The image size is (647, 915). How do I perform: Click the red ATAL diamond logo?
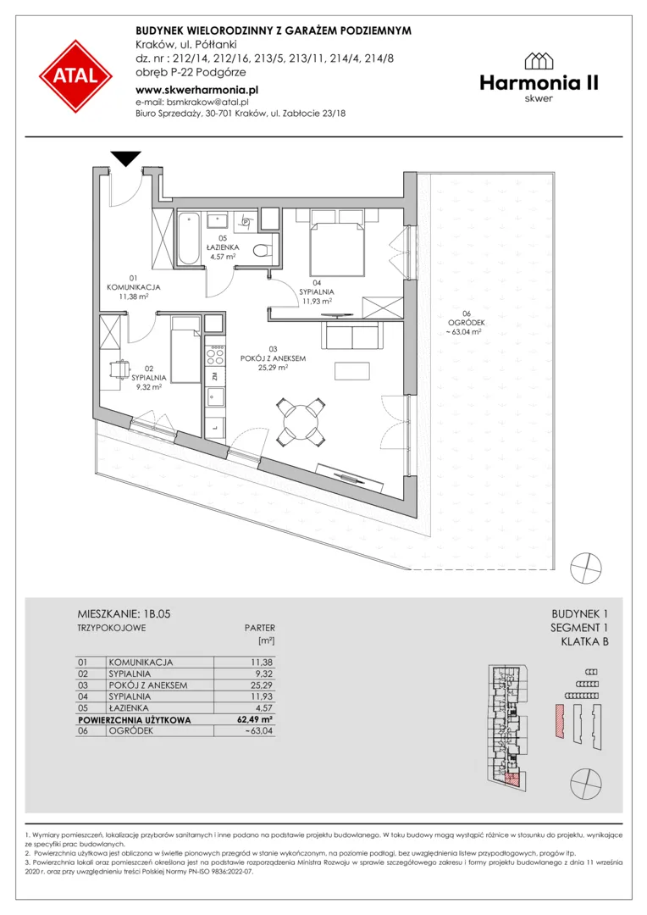76,76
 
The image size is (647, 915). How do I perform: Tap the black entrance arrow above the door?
126,158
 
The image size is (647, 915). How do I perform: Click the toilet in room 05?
264,250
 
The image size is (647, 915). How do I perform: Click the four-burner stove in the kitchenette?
214,355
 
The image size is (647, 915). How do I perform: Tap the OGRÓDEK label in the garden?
466,323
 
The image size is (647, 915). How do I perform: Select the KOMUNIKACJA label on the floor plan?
134,287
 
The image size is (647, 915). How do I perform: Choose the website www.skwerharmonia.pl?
196,90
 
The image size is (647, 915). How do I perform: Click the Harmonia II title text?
539,83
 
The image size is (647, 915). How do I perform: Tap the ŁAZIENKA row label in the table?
129,707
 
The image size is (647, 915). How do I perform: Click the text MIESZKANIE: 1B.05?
124,614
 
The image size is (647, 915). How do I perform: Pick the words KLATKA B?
584,642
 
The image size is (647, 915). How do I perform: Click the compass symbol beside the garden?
586,567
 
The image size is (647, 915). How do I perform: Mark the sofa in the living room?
351,336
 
